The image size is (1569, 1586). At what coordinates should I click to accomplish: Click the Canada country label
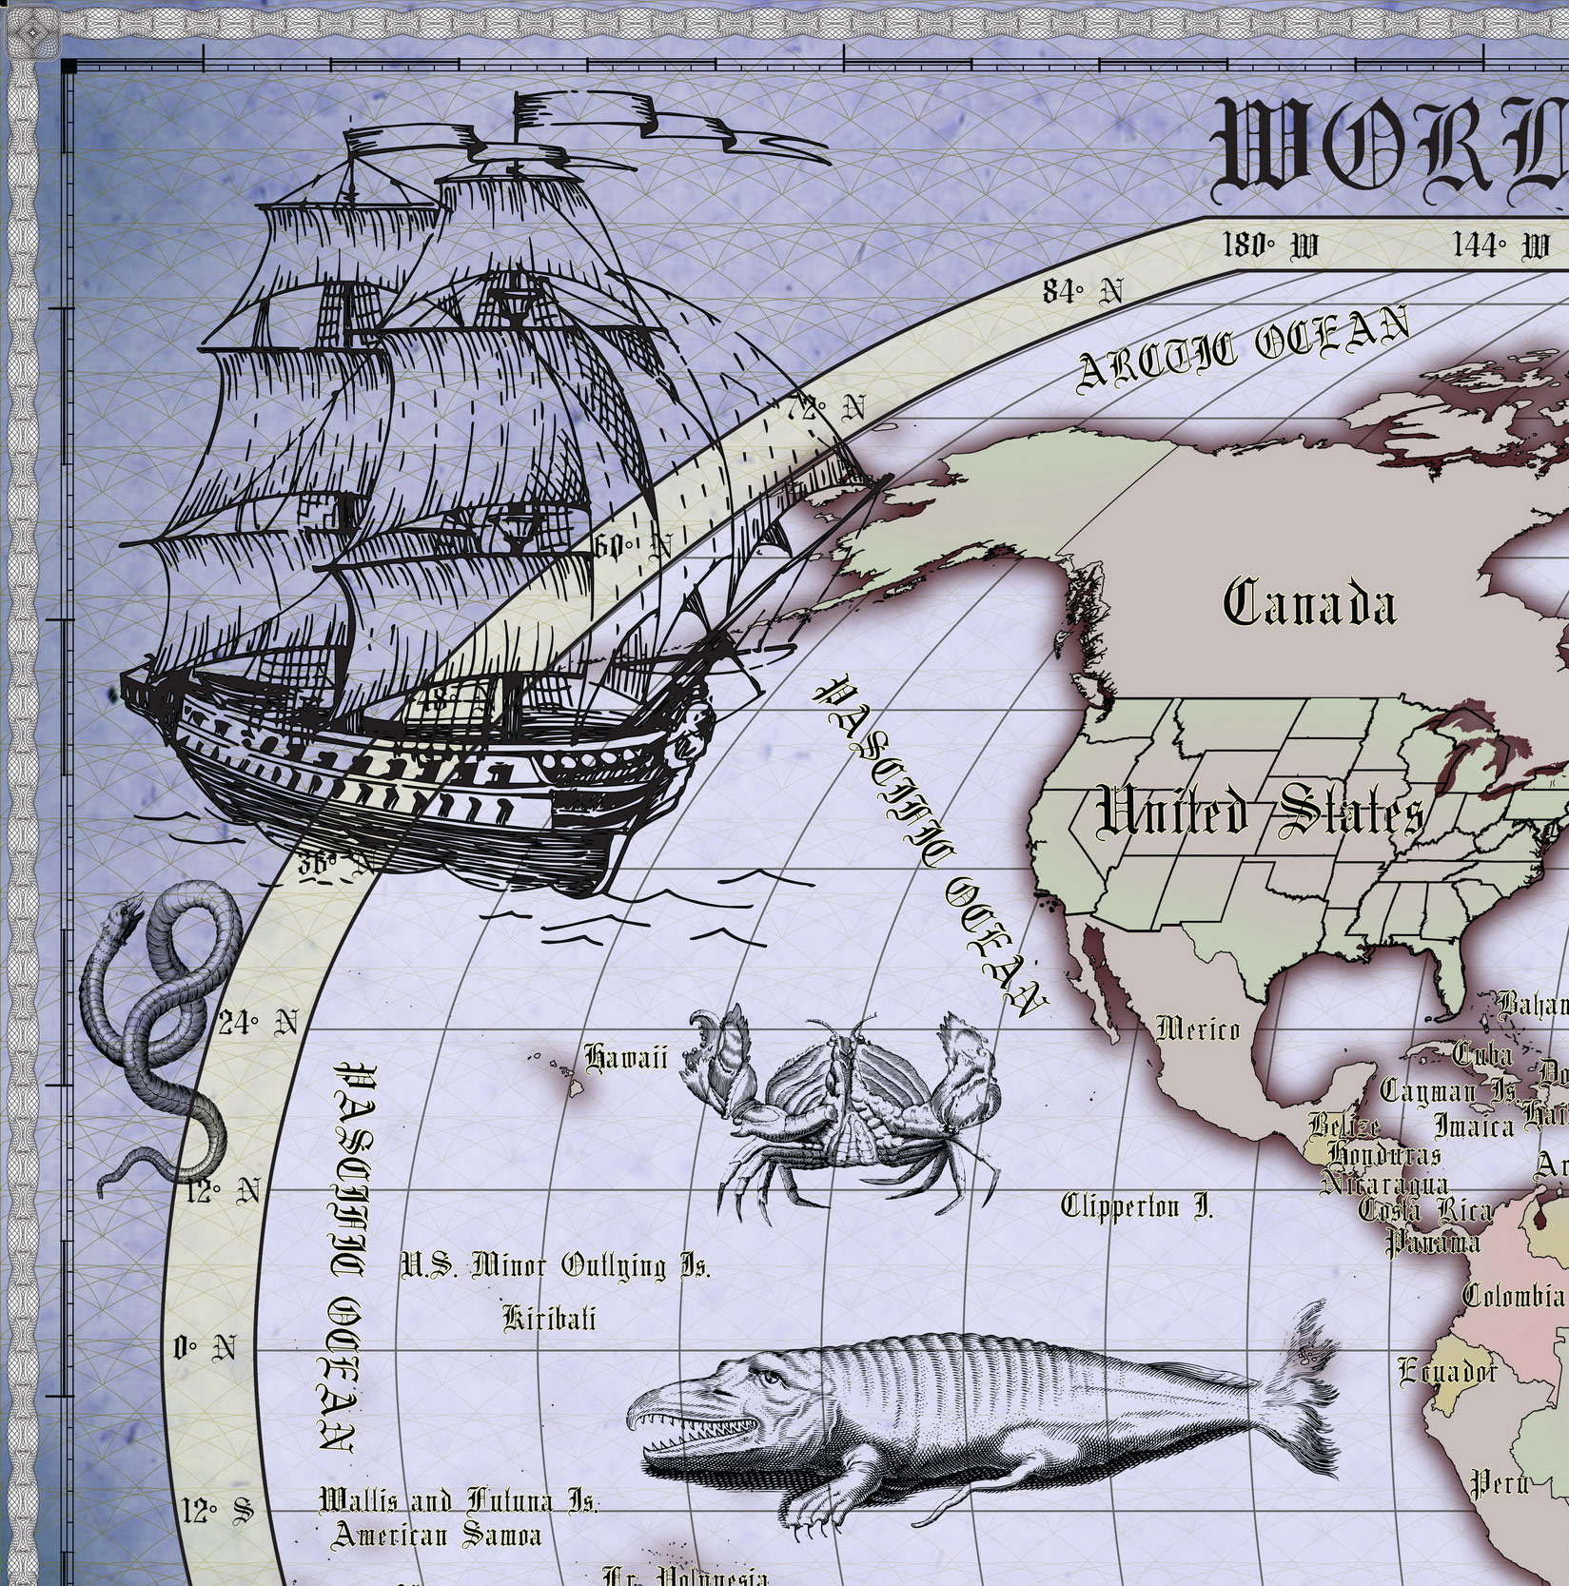coord(1309,603)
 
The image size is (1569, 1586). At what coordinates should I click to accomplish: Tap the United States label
coord(1260,814)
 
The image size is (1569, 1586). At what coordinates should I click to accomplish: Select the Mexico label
coord(1198,1028)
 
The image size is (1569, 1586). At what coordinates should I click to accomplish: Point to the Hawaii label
coord(626,1057)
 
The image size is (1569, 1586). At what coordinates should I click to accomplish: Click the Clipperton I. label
coord(1137,1207)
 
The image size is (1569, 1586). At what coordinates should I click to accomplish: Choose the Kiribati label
coord(550,1318)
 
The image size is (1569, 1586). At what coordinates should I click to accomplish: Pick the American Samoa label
coord(437,1535)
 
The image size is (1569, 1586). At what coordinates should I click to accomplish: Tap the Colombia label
coord(1513,1296)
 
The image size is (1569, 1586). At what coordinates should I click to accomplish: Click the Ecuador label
coord(1446,1371)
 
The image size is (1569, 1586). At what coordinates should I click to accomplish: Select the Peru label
coord(1500,1482)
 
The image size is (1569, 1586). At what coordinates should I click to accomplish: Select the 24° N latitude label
coord(258,1024)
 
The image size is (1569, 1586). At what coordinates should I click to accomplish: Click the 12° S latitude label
coord(218,1510)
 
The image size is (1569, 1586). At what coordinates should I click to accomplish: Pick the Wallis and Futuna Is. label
coord(459,1502)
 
